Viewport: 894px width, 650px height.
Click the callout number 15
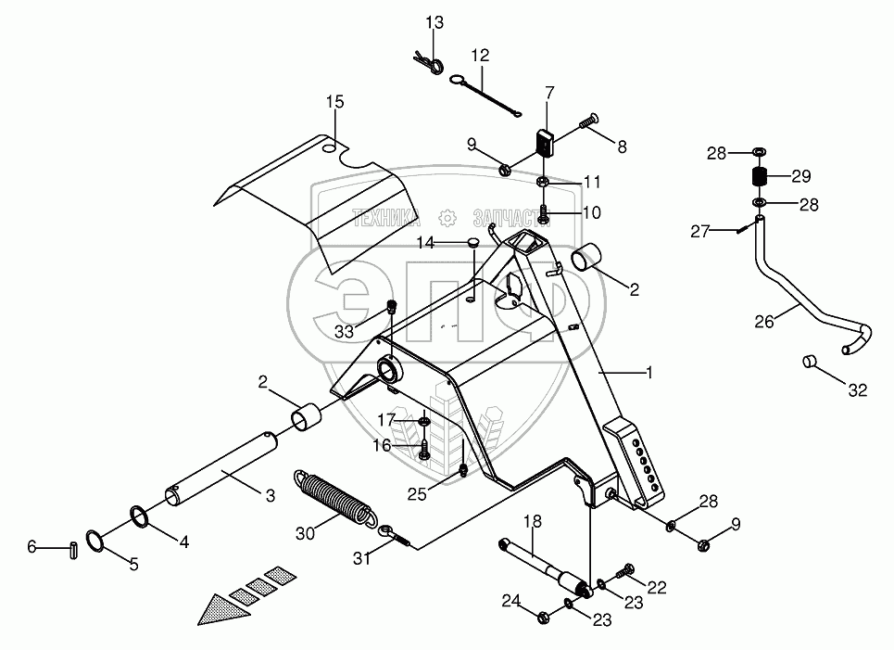tap(334, 100)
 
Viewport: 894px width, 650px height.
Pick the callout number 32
tap(857, 390)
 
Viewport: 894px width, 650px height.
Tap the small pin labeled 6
tap(72, 548)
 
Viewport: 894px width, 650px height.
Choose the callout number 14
tap(424, 244)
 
